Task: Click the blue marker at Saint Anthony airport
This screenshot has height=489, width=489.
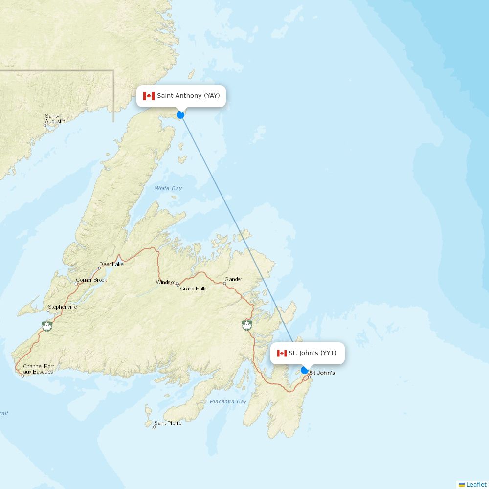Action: [180, 115]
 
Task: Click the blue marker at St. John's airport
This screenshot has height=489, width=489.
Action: [305, 370]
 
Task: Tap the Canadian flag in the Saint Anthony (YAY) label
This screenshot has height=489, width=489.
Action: [149, 96]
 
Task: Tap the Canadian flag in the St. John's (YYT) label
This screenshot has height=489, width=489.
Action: [282, 353]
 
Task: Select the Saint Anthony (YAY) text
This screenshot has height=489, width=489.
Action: [188, 96]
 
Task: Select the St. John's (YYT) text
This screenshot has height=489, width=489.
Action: [312, 353]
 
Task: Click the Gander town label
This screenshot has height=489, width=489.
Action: [233, 280]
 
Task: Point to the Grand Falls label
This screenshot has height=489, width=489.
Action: [193, 289]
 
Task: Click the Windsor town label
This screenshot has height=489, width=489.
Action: [165, 282]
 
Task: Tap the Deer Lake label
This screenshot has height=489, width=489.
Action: [111, 264]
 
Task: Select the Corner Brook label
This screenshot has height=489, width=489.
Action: [91, 280]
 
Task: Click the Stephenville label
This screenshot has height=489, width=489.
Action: [62, 307]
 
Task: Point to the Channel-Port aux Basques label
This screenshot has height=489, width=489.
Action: [38, 369]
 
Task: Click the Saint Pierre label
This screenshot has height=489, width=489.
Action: [168, 423]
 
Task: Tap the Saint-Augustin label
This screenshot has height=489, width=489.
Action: [55, 119]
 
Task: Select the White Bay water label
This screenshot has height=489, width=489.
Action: [168, 188]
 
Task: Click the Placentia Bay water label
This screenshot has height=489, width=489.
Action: [228, 401]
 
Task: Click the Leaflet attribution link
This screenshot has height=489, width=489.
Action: [476, 484]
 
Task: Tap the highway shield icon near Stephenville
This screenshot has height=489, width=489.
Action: [47, 326]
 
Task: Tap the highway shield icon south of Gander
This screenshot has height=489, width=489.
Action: [247, 325]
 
